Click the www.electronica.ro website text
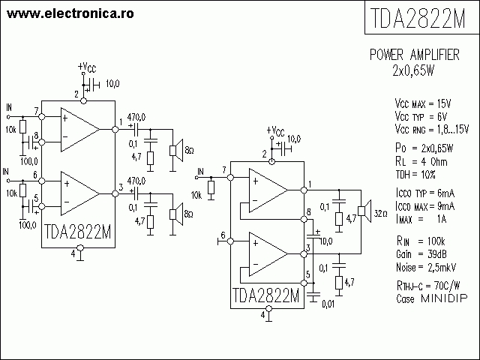[70, 13]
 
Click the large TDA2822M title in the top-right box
[418, 18]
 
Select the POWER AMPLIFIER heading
[415, 55]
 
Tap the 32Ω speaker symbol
[364, 211]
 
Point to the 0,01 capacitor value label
[328, 304]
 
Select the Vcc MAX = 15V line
[423, 104]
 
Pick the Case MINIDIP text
[432, 298]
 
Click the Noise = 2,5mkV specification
[426, 267]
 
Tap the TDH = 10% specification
[415, 175]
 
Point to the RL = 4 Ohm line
[421, 162]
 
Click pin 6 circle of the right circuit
[231, 241]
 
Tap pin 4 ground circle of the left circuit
[80, 247]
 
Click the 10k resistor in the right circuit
[211, 187]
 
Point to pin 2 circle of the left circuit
[83, 100]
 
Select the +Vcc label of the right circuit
[275, 131]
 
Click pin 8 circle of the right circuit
[304, 219]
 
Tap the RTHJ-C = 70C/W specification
[428, 286]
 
